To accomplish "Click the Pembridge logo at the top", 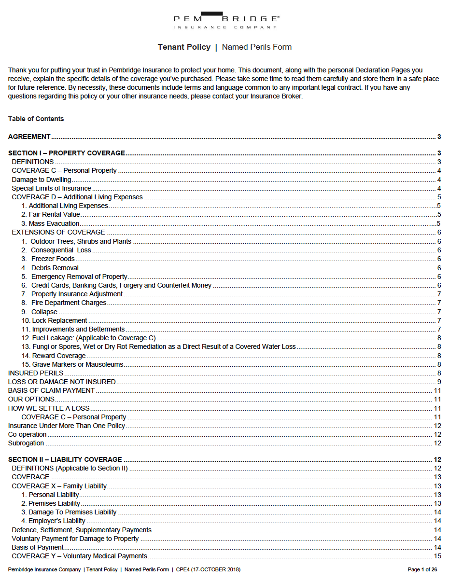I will pos(225,20).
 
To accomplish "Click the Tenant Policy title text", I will pos(184,47).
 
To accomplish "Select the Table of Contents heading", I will pos(36,119).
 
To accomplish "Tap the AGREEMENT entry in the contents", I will pos(29,137).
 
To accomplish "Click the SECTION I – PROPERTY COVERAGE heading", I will pos(67,153).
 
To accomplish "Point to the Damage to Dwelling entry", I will pos(42,180).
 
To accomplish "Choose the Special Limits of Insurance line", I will pos(51,188).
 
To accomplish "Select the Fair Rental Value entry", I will pos(51,214).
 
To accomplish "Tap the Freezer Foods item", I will pos(53,259).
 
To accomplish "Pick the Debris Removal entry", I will pos(55,268).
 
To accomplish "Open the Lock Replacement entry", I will pos(59,320).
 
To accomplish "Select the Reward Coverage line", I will pos(58,356).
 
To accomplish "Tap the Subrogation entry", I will pos(26,443).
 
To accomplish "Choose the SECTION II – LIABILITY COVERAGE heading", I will pos(65,459).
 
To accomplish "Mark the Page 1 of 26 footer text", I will pos(422,570).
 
